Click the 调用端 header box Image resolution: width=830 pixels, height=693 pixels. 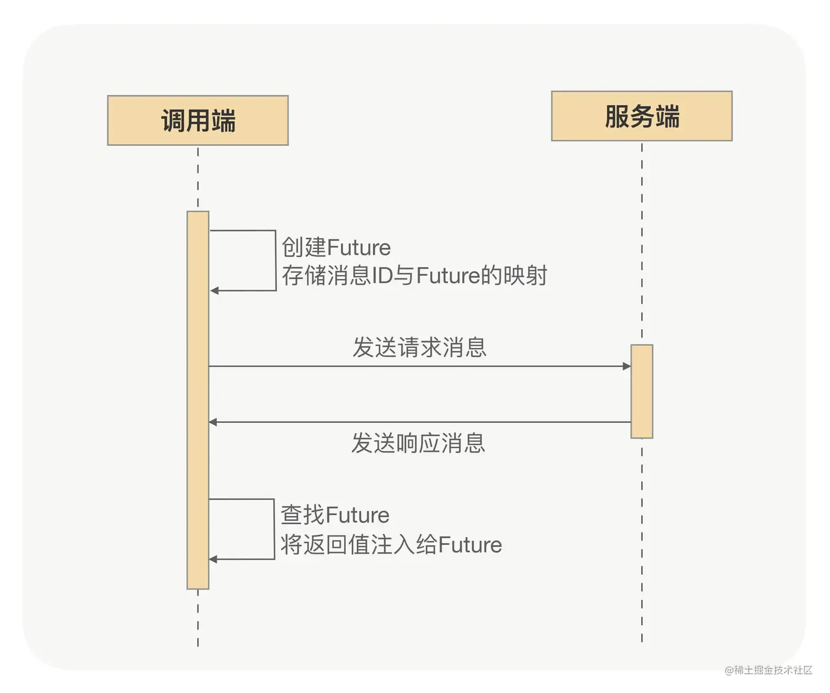(x=198, y=120)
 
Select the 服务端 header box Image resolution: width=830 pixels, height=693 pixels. (x=641, y=116)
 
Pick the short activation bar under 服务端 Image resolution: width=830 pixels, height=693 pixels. (x=641, y=391)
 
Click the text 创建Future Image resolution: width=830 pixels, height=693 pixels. (x=336, y=248)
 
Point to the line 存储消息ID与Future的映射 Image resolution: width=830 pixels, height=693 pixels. (x=414, y=276)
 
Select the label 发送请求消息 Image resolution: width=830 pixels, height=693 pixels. (x=419, y=348)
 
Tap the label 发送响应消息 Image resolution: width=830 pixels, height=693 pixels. (x=418, y=443)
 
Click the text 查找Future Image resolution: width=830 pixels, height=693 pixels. (x=335, y=515)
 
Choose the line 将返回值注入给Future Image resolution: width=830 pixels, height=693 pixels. (x=391, y=545)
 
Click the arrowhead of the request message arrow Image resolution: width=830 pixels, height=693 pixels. (x=626, y=366)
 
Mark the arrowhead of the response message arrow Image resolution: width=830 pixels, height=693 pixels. (x=214, y=422)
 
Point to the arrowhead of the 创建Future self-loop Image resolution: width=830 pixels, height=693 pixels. (x=215, y=290)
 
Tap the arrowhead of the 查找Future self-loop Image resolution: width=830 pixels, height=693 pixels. (x=214, y=559)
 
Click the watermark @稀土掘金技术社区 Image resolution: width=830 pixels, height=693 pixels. (x=768, y=670)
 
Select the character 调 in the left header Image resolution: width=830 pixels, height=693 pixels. (x=173, y=121)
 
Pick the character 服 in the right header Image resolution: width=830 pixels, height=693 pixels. (x=616, y=116)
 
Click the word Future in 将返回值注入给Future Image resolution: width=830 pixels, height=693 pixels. (x=470, y=545)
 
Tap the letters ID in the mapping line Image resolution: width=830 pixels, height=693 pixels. (x=383, y=276)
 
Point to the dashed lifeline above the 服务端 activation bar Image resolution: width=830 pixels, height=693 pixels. (x=642, y=242)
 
